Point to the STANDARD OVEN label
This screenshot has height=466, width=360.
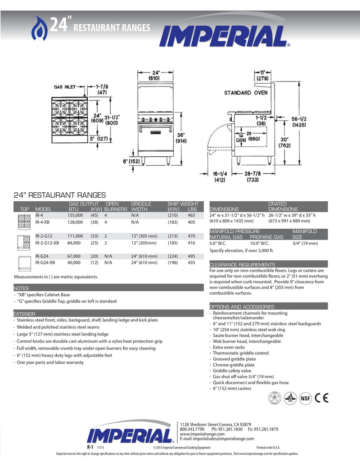tap(246, 93)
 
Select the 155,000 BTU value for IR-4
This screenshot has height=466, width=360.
tap(76, 216)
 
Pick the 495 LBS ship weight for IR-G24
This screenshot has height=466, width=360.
tap(192, 256)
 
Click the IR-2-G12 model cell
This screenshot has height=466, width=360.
tap(44, 236)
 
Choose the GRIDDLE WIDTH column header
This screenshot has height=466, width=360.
tap(141, 207)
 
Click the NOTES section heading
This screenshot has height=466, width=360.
tap(21, 288)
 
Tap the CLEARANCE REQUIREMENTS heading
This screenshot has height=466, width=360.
tap(242, 265)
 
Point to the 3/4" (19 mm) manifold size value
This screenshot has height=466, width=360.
tap(305, 244)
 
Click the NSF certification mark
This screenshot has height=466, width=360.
tap(305, 398)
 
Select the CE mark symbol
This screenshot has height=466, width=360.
tap(321, 398)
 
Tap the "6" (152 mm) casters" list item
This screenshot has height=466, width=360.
tap(232, 389)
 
